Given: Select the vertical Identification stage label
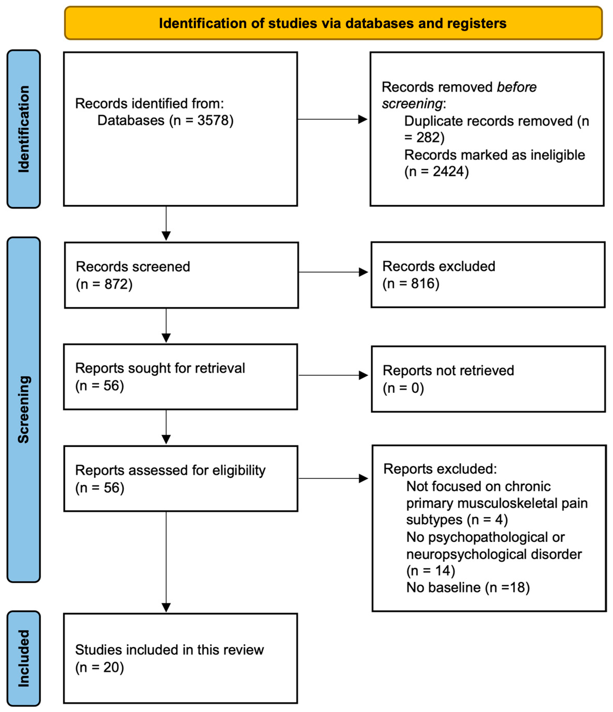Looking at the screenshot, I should click(24, 129).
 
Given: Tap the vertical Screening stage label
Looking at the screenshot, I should click(24, 409).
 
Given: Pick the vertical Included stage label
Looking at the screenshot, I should click(24, 658).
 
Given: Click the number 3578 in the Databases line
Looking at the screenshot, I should click(213, 120).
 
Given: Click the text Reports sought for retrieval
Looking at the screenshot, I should click(160, 368).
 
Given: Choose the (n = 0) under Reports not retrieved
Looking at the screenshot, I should click(403, 388).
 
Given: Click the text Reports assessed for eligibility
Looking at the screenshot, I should click(170, 470).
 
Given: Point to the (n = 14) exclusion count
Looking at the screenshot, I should click(430, 570).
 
